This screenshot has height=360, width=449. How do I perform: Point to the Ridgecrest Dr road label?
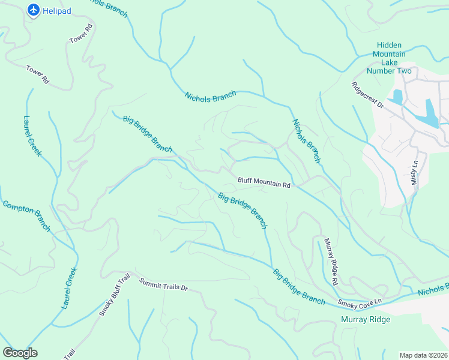pos(367,94)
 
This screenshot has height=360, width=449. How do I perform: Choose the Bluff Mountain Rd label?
pos(264,182)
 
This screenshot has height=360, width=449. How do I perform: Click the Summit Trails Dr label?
pos(163,284)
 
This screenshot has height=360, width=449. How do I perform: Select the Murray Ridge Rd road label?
pos(331,261)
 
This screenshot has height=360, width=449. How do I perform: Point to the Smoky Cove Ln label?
pos(360,304)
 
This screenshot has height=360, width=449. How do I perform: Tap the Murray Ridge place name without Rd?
pos(365,319)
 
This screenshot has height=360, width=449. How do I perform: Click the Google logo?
pos(20,352)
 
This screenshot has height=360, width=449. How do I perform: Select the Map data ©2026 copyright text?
pos(423,355)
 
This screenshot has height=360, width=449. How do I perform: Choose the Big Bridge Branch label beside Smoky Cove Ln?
pos(299,287)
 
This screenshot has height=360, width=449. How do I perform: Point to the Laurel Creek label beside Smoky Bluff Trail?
pos(69,288)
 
